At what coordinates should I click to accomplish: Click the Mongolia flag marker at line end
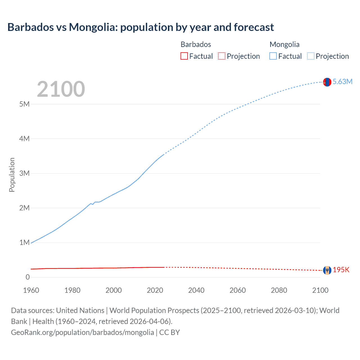(x=327, y=82)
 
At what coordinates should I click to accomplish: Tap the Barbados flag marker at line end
(x=327, y=270)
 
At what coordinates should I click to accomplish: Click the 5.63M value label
(x=342, y=82)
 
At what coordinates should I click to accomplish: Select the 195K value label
(x=341, y=270)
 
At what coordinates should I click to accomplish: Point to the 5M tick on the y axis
(x=24, y=104)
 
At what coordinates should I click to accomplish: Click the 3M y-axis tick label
(x=24, y=173)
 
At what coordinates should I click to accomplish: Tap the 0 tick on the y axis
(x=28, y=277)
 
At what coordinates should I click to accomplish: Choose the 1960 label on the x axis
(x=31, y=290)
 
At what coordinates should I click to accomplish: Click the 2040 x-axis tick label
(x=196, y=290)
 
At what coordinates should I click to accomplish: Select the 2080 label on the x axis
(x=279, y=290)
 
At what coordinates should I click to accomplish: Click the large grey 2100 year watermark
(x=61, y=89)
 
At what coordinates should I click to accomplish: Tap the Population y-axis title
(x=12, y=175)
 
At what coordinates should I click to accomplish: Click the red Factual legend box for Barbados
(x=184, y=56)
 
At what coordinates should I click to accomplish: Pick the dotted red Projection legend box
(x=222, y=56)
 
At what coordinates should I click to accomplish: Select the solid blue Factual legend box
(x=273, y=56)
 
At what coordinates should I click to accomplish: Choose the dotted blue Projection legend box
(x=310, y=56)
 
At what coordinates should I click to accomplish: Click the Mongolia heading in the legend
(x=284, y=44)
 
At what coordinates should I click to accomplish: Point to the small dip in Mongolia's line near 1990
(x=93, y=204)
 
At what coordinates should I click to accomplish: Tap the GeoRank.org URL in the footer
(x=82, y=332)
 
